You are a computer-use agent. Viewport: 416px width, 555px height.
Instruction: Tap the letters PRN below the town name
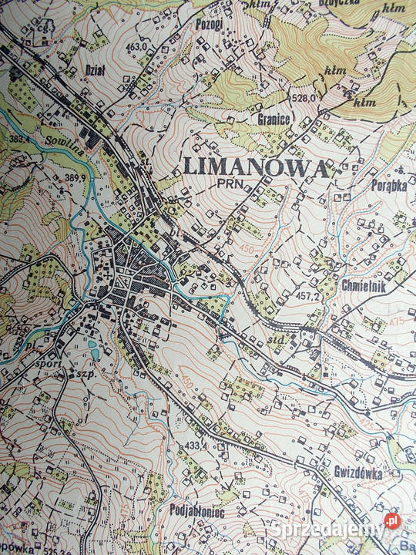229,184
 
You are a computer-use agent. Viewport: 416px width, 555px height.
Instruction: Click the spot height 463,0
136,47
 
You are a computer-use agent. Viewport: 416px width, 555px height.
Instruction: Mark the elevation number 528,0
304,99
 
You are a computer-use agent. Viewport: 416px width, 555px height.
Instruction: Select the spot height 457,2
308,295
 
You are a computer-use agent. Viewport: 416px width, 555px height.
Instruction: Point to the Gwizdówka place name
358,474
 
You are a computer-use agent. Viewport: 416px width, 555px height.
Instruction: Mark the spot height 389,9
75,178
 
